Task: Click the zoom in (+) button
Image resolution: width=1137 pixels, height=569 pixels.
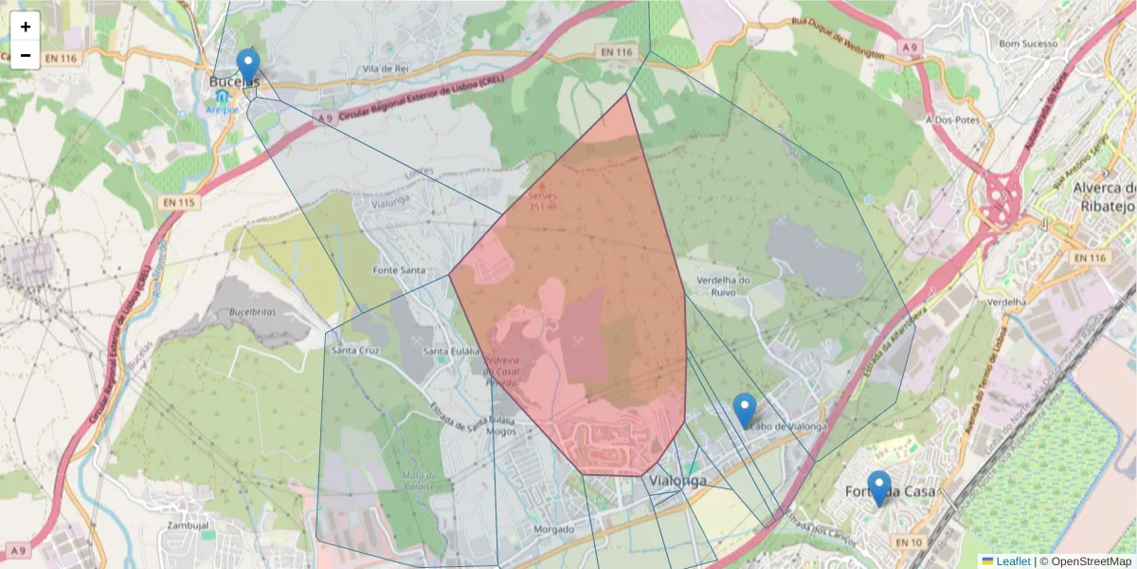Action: tap(26, 27)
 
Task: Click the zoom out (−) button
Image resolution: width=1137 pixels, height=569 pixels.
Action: tap(26, 55)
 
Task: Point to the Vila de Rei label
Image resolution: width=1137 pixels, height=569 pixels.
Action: tap(385, 69)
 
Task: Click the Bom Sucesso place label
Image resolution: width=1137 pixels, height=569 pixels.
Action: tap(1028, 44)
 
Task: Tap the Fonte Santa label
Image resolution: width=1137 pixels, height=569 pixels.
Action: tap(399, 270)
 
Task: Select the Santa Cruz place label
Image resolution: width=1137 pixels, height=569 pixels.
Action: tap(355, 350)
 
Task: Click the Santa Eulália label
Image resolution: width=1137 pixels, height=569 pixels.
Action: tap(450, 353)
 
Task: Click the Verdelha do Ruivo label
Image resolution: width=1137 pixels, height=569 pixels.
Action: tap(723, 286)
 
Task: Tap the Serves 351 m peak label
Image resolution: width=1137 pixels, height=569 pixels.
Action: tap(543, 200)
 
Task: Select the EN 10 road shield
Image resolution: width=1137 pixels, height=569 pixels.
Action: tap(908, 542)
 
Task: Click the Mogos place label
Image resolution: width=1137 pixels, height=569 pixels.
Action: tap(501, 431)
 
